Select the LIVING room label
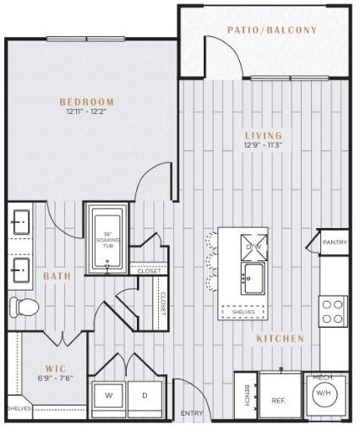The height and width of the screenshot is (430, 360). click(264, 135)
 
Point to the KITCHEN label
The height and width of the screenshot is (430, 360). click(281, 338)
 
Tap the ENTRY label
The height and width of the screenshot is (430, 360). click(193, 412)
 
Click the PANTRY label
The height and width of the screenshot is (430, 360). click(335, 242)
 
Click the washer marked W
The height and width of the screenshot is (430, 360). click(109, 395)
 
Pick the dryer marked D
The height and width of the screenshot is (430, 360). click(145, 395)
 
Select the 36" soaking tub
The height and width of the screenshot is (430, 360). click(108, 239)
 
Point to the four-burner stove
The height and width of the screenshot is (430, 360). click(333, 310)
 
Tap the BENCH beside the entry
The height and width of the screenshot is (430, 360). click(246, 395)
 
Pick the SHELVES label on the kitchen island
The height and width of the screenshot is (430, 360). click(246, 311)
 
